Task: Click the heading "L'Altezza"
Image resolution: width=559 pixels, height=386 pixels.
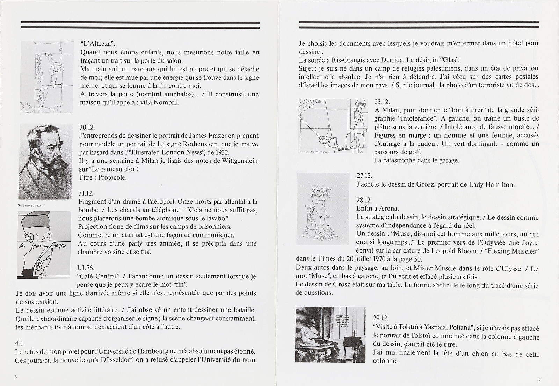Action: click(x=97, y=44)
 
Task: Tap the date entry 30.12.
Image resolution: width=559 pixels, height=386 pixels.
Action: click(x=87, y=128)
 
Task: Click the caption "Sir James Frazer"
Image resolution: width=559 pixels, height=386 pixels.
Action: click(x=30, y=205)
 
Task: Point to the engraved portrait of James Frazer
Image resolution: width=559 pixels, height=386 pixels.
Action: click(x=45, y=162)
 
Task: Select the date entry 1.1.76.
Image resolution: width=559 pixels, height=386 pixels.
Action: click(x=86, y=268)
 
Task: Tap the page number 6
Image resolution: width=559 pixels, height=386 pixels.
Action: click(x=16, y=377)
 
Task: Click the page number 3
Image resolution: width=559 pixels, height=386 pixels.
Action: click(x=539, y=380)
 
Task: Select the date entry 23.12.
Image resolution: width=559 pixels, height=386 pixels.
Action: click(x=382, y=102)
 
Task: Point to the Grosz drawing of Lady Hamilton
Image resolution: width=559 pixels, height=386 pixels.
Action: click(x=322, y=209)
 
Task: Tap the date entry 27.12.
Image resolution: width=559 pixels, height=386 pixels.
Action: click(x=364, y=176)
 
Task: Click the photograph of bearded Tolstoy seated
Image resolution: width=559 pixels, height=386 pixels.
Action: click(x=330, y=334)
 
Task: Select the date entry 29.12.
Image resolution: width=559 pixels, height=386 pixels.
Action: click(x=381, y=318)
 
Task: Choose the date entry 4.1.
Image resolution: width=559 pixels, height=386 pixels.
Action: click(x=20, y=343)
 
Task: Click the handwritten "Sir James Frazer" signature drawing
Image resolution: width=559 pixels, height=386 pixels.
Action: click(x=44, y=245)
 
